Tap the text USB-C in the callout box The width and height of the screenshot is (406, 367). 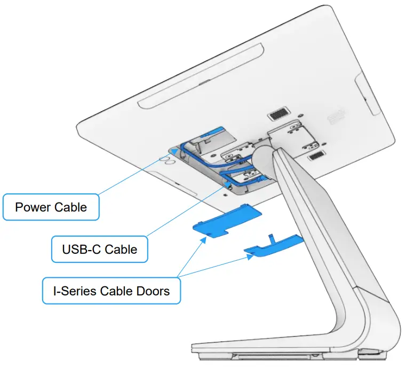(x=82, y=249)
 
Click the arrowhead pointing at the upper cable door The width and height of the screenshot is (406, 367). (x=204, y=240)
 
